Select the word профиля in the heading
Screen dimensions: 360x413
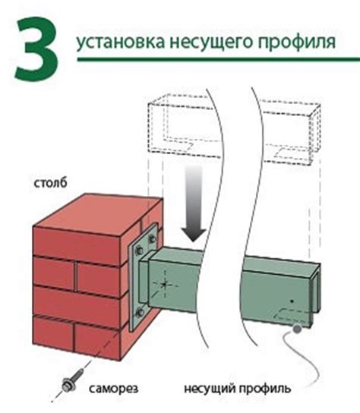tap(296, 43)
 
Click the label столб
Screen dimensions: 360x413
tap(50, 183)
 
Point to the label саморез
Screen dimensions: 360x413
tap(113, 389)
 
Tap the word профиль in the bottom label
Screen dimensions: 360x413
tap(265, 389)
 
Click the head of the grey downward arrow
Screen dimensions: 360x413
tap(194, 235)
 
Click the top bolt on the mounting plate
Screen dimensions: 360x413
tap(153, 239)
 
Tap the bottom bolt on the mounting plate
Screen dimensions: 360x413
tap(140, 313)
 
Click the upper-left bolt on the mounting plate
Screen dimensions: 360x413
tap(139, 251)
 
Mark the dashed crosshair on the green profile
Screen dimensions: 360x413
tap(165, 284)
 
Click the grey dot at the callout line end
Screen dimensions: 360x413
tap(297, 329)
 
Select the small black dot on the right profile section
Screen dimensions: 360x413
tap(292, 301)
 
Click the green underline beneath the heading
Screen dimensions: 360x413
tap(219, 59)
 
